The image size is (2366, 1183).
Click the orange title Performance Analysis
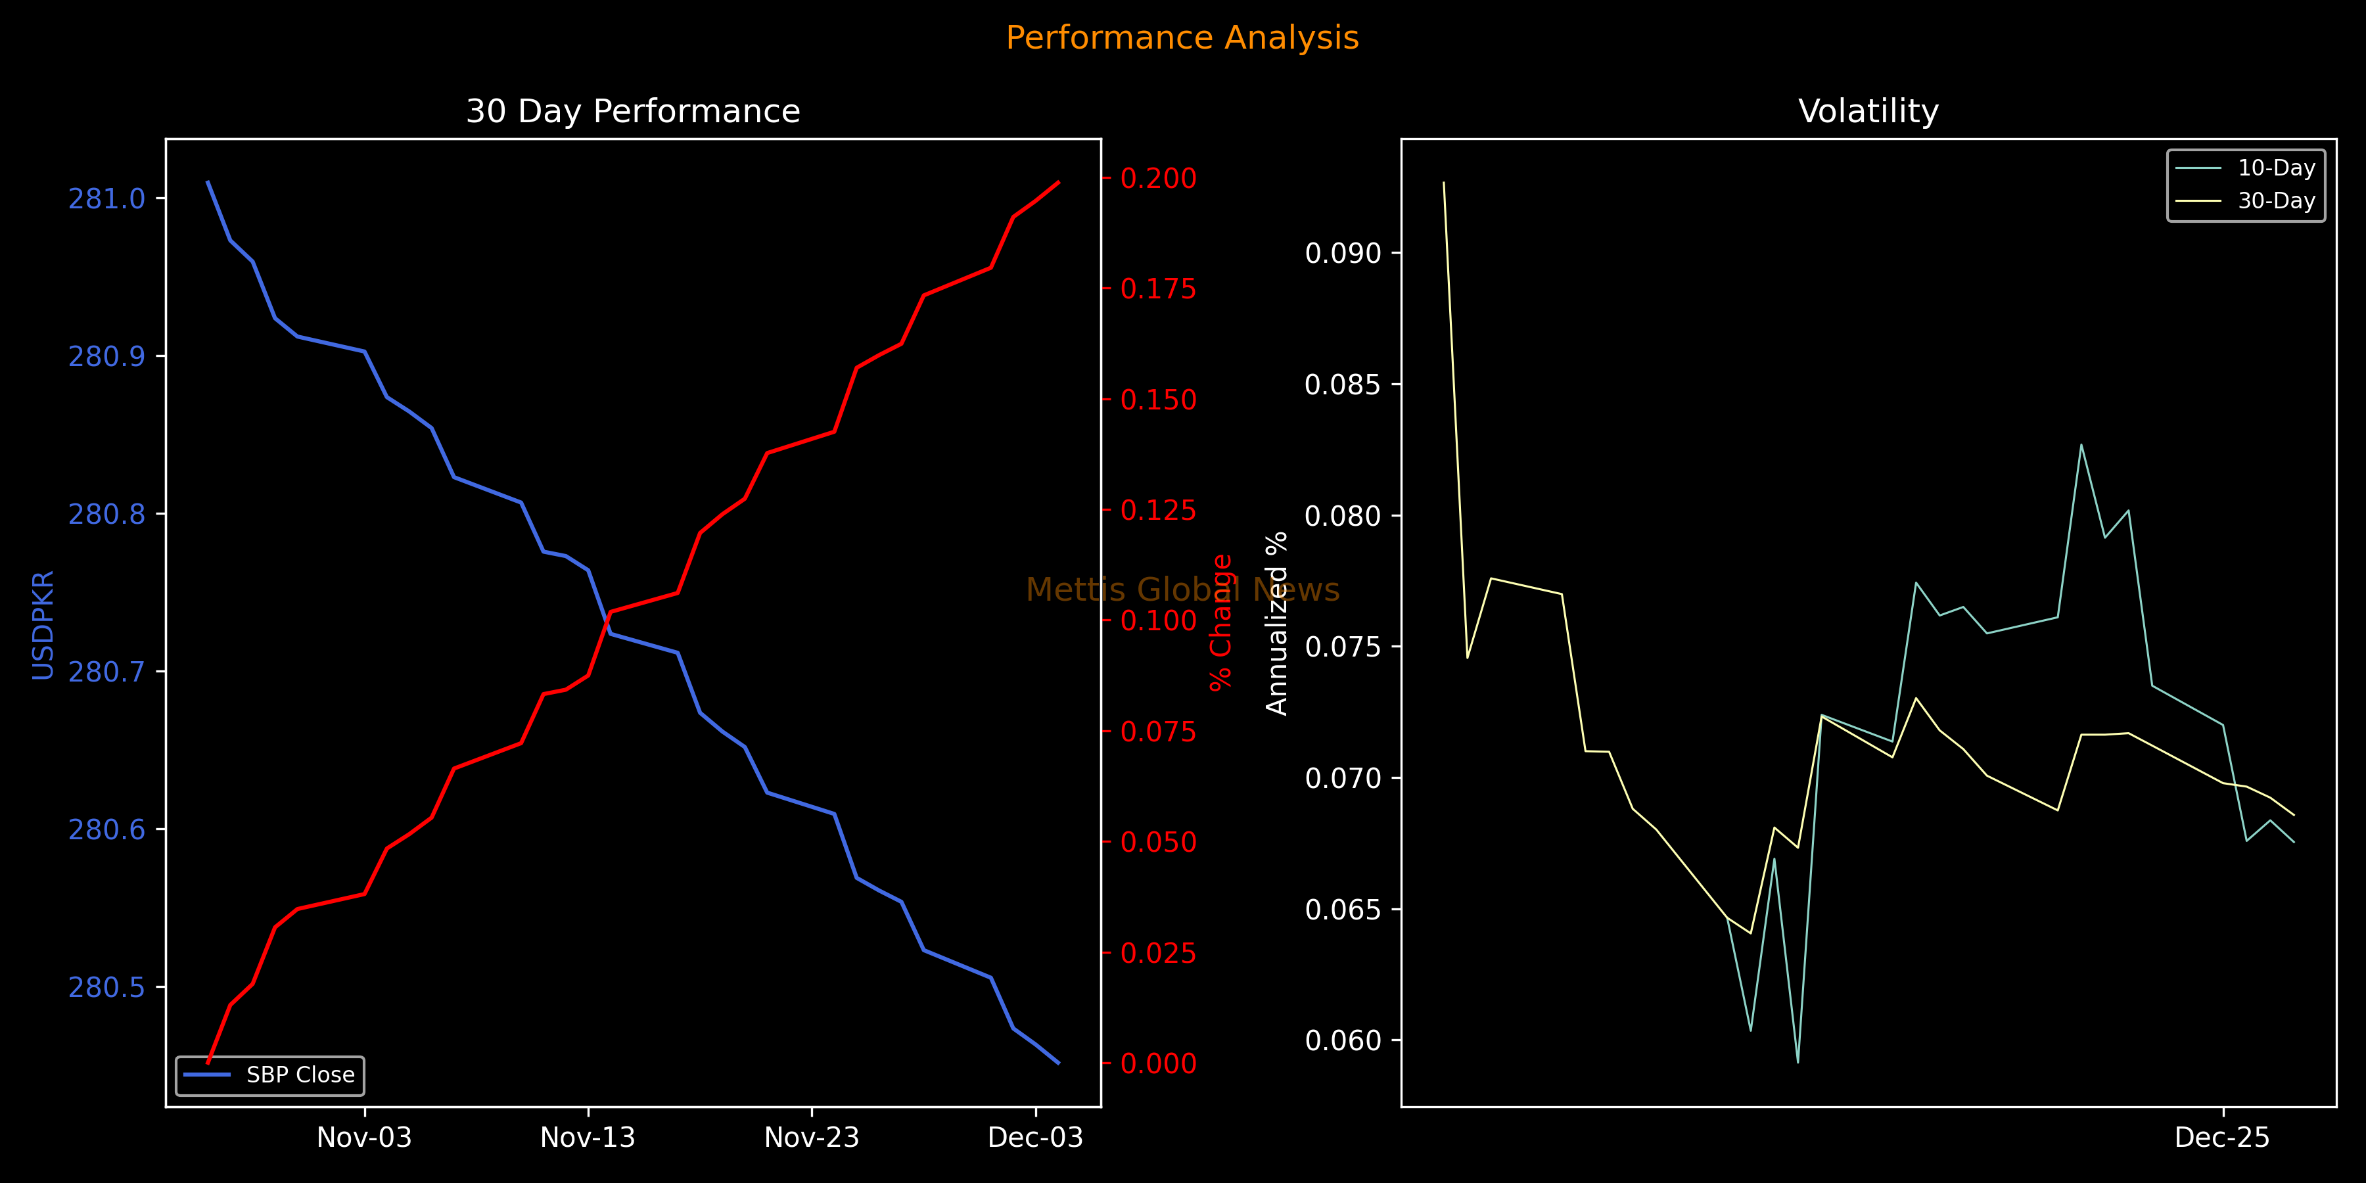tap(1182, 37)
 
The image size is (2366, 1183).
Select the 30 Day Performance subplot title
tap(633, 111)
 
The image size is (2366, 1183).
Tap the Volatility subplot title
tap(1868, 111)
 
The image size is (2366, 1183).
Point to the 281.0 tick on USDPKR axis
tap(106, 199)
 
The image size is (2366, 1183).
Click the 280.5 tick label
tap(106, 987)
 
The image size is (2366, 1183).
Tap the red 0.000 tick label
tap(1158, 1063)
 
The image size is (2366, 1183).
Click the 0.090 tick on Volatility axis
tap(1343, 254)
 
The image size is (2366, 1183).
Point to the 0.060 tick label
tap(1343, 1040)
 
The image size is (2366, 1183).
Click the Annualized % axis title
tap(1277, 623)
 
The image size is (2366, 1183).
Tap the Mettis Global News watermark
tap(1182, 590)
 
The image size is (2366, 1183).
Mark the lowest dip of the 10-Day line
tap(1798, 1062)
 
